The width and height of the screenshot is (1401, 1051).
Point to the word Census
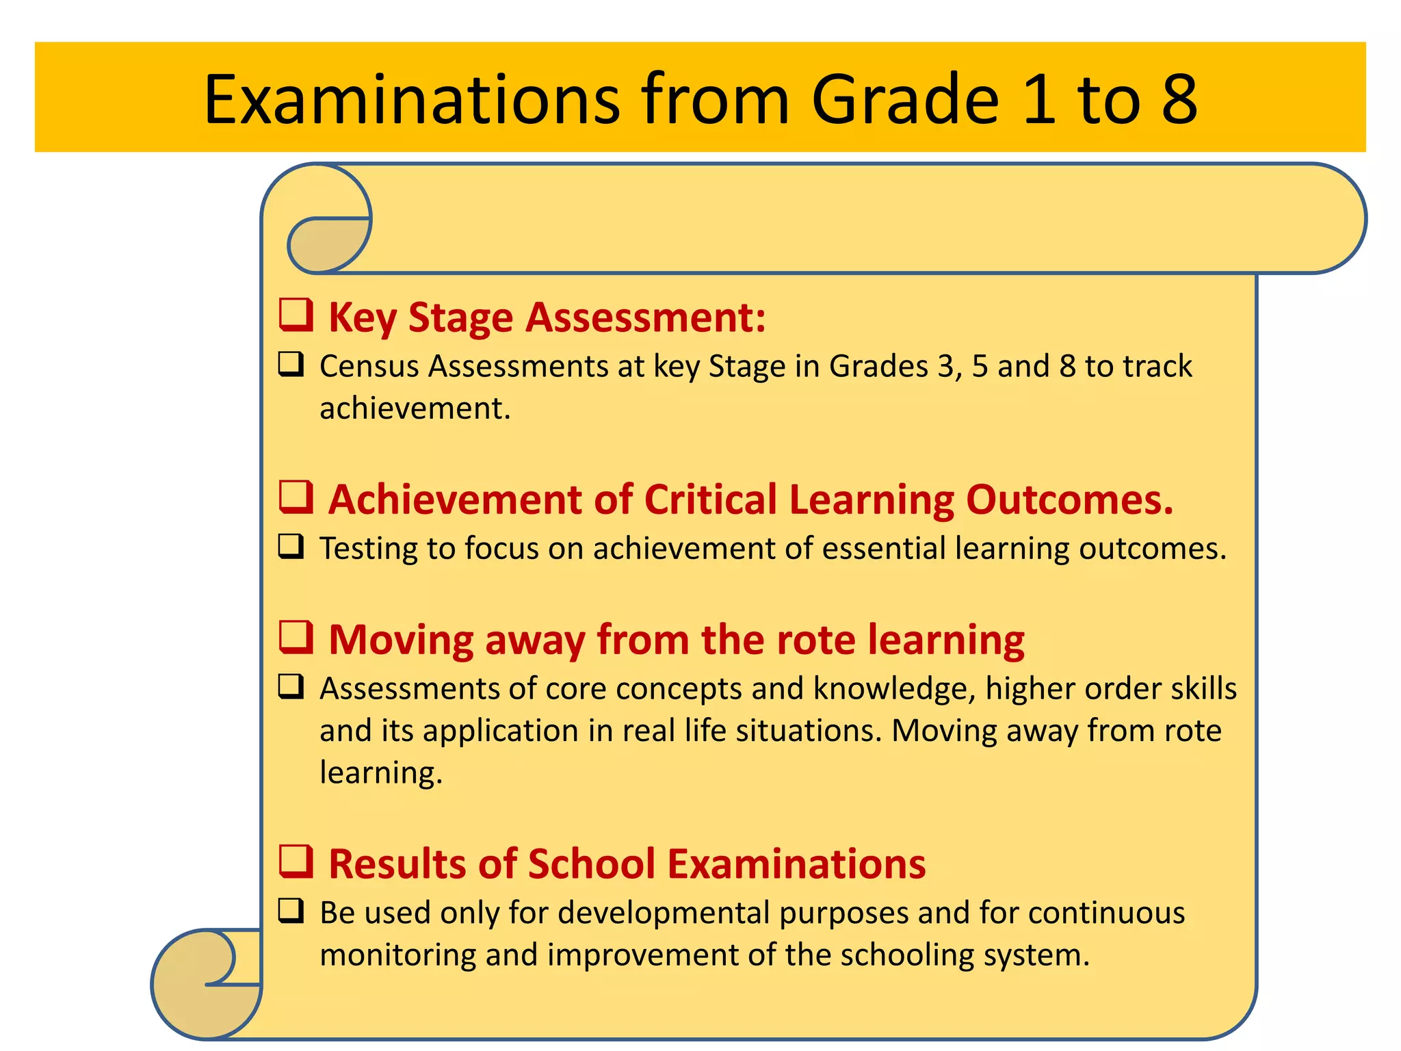pos(369,367)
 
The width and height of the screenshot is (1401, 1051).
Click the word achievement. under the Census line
pos(415,408)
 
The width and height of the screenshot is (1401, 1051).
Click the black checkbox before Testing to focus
pos(291,547)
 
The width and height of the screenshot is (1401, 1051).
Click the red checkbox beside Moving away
pos(296,637)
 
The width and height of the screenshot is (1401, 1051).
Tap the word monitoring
pos(397,955)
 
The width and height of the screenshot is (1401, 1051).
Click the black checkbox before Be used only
pos(291,911)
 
